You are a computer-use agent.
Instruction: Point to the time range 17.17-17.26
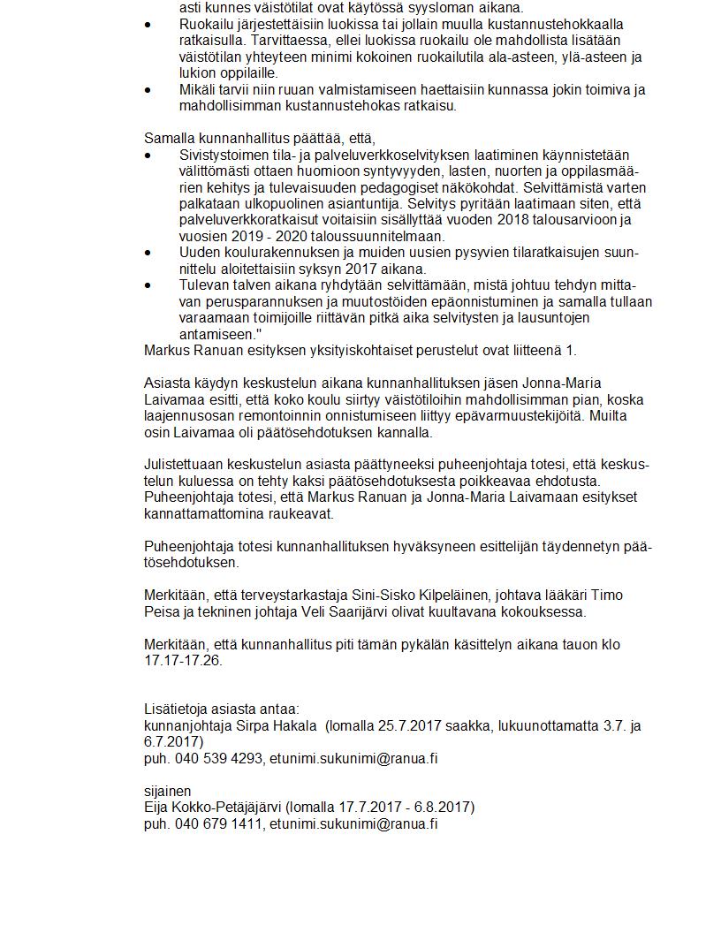tap(184, 660)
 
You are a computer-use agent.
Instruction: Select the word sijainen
tap(168, 791)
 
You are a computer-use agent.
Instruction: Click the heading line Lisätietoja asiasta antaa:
tap(222, 709)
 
